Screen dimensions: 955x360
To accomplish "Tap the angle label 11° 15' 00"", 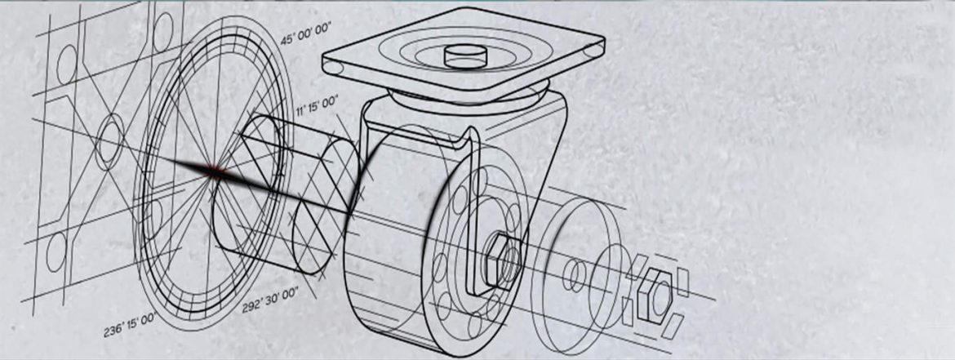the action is (317, 107).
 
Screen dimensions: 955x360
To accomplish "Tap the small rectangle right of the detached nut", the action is (683, 283).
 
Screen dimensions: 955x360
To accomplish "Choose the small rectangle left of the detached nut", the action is (627, 311).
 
